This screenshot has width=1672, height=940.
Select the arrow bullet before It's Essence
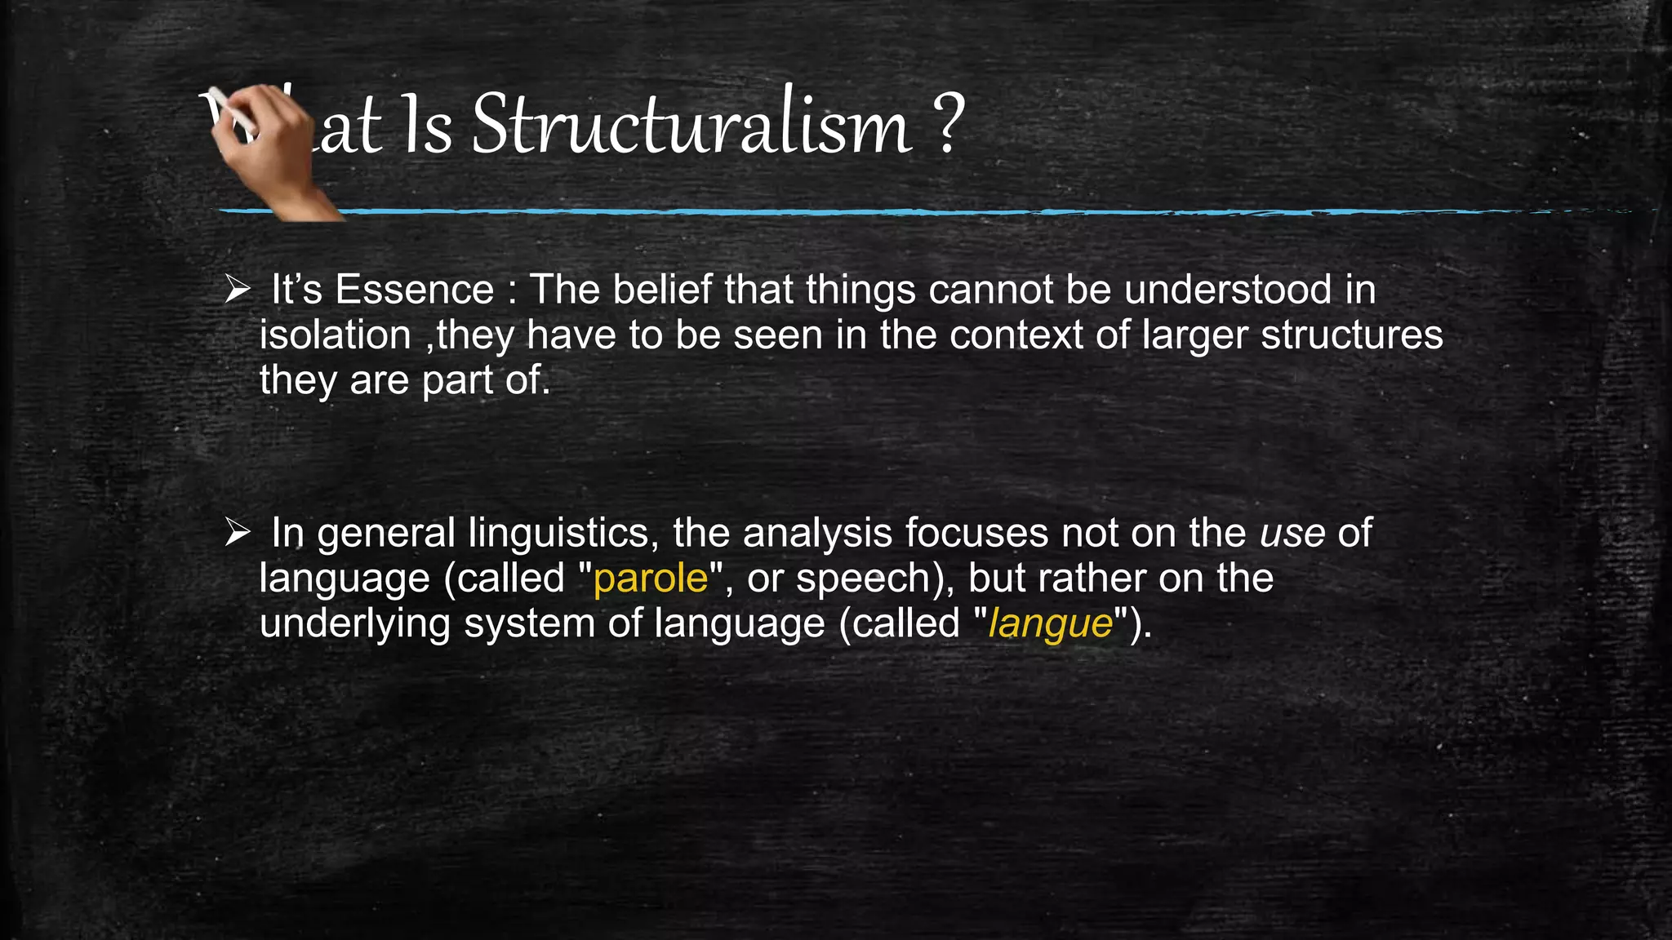[x=238, y=289]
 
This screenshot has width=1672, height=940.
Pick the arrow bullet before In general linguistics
[x=238, y=532]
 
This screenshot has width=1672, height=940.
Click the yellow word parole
[x=651, y=579]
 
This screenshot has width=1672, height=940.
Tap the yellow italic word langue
[x=1050, y=625]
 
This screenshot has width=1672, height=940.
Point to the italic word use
[x=1292, y=534]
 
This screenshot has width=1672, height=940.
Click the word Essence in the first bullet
[x=414, y=290]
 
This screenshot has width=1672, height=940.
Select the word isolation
[x=335, y=335]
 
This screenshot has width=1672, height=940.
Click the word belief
[x=662, y=290]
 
